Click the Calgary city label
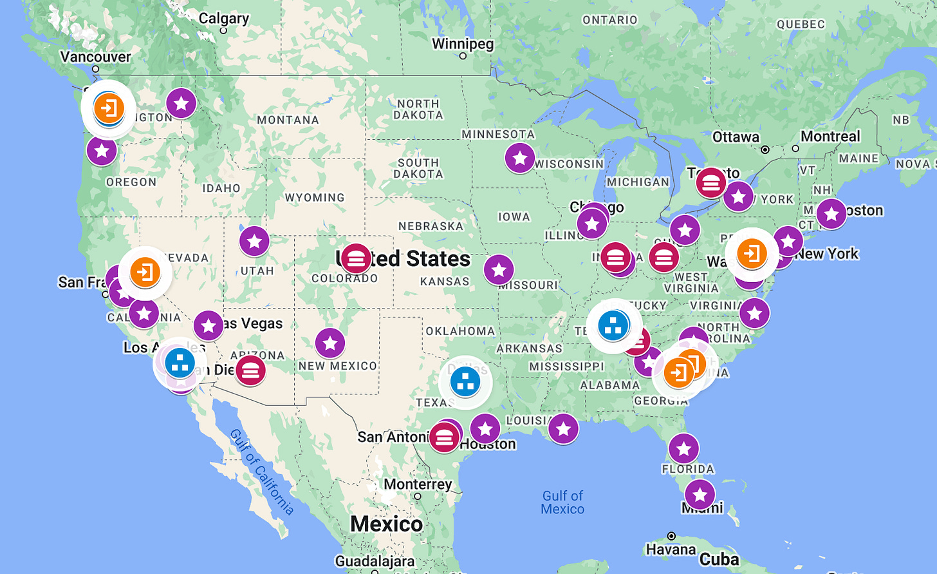(x=223, y=18)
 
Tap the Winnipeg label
(x=463, y=44)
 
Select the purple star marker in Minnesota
(x=519, y=158)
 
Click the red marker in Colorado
(x=355, y=258)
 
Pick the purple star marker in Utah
(x=254, y=242)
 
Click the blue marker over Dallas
(x=465, y=382)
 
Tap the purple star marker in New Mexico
(x=330, y=343)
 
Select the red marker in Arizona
(x=250, y=370)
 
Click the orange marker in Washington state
(x=109, y=108)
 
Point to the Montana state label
(x=288, y=120)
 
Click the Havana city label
(x=671, y=549)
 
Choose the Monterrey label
(x=418, y=484)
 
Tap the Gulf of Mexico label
(x=562, y=502)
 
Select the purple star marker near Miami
(x=700, y=495)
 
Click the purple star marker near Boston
(x=831, y=213)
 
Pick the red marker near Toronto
(x=710, y=184)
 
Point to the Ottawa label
(x=736, y=137)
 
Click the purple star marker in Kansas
(x=499, y=269)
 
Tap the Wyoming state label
(x=315, y=198)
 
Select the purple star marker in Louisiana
(x=563, y=428)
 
